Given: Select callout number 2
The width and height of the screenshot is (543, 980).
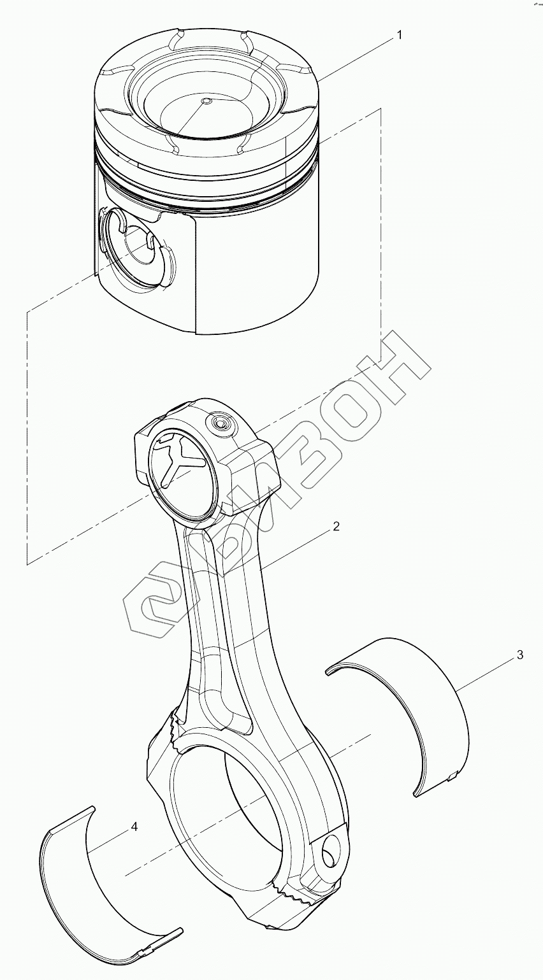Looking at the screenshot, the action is click(x=336, y=527).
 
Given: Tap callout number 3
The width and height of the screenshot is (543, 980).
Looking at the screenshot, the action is click(x=520, y=655).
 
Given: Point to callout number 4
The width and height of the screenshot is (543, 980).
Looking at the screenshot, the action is click(x=134, y=826).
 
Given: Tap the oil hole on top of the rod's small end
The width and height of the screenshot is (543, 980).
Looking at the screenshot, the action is click(x=222, y=422).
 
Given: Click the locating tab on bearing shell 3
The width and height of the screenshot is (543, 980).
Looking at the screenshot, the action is click(x=453, y=774).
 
